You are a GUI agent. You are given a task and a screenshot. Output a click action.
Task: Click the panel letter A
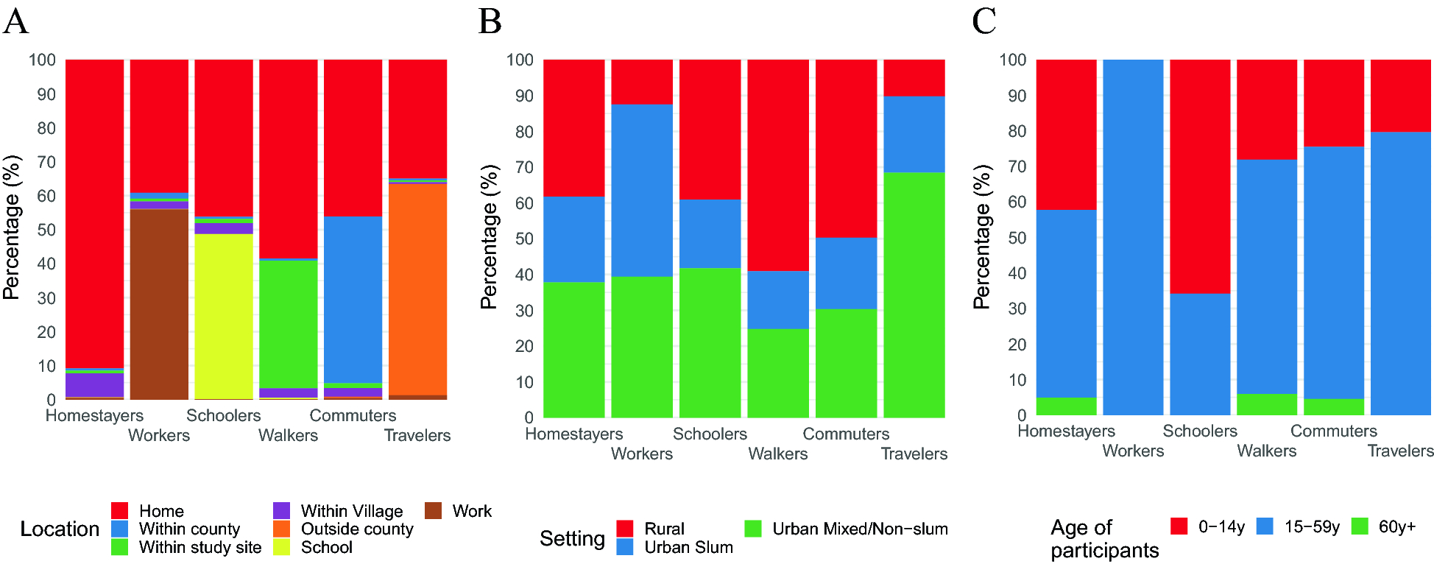(x=15, y=21)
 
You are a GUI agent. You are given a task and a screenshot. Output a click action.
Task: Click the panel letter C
(x=984, y=21)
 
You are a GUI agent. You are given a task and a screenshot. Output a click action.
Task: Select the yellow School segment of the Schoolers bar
(x=224, y=317)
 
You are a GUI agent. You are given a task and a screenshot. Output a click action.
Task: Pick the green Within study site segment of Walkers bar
(x=288, y=324)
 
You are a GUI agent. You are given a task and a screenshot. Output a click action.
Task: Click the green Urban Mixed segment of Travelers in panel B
(x=914, y=295)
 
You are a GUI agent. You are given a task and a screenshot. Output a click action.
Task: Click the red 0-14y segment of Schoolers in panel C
(x=1200, y=177)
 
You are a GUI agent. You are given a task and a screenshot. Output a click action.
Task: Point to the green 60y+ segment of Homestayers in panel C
(x=1066, y=406)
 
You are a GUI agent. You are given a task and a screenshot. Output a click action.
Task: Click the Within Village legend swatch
(x=282, y=511)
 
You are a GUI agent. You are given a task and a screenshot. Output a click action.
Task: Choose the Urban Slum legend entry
(x=688, y=547)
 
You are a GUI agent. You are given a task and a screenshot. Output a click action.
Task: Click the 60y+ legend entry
(x=1396, y=526)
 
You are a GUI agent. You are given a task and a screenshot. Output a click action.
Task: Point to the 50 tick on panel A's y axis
(x=46, y=230)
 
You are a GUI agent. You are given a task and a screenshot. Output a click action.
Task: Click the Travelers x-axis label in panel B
(x=914, y=454)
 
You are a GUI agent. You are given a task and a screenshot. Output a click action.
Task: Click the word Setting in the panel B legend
(x=572, y=538)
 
